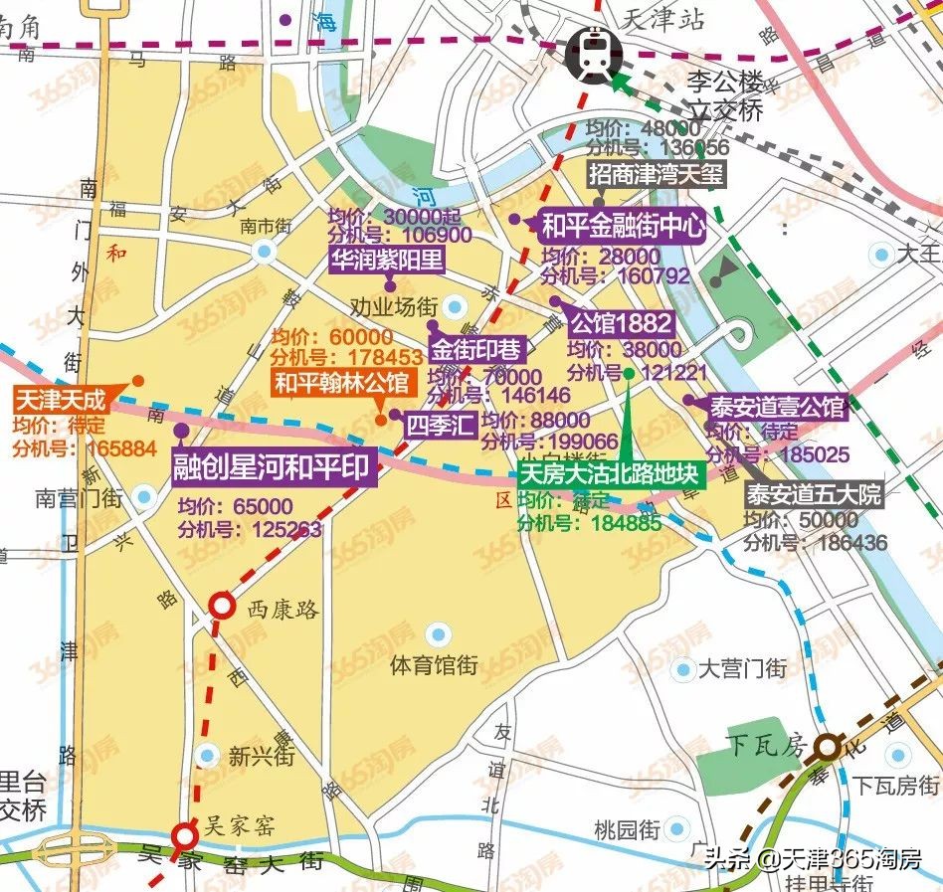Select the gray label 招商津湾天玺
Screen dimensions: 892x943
[x=657, y=175]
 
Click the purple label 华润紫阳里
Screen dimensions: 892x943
[x=388, y=261]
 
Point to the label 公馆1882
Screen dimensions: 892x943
[x=622, y=323]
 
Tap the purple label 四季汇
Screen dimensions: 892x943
[x=440, y=425]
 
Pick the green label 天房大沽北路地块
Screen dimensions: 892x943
[x=612, y=473]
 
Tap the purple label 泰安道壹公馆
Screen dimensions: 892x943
[x=776, y=407]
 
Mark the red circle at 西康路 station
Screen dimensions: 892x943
[x=221, y=606]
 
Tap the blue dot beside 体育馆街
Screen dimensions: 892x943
[x=437, y=632]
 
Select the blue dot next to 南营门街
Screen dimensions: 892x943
[x=146, y=496]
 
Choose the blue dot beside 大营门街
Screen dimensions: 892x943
[x=683, y=669]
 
